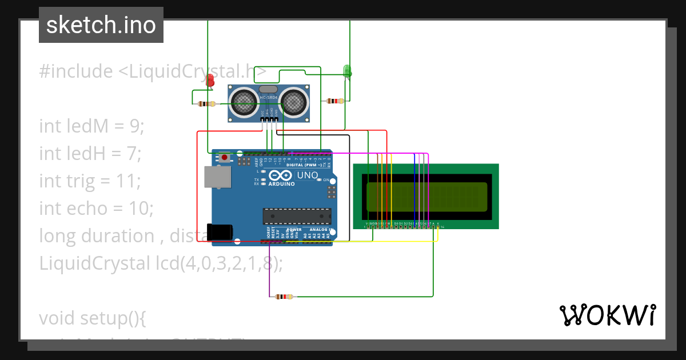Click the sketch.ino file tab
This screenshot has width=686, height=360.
click(101, 25)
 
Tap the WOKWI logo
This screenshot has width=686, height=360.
click(607, 315)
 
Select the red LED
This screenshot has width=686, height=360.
click(210, 81)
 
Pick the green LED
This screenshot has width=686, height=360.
click(347, 71)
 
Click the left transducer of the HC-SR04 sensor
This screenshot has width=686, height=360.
click(245, 103)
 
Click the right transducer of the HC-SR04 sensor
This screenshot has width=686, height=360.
click(294, 103)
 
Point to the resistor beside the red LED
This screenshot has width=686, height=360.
click(206, 104)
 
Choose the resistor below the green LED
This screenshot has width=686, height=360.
click(334, 101)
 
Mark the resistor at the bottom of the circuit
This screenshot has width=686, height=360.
click(284, 297)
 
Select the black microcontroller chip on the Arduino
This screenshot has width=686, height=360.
click(297, 216)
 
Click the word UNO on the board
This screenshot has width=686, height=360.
click(308, 175)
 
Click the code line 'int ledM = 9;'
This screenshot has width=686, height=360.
click(91, 126)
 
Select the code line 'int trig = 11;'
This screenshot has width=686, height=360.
click(90, 181)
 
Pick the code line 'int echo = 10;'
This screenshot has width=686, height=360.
click(96, 208)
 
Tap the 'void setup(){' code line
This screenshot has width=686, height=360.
click(93, 318)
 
